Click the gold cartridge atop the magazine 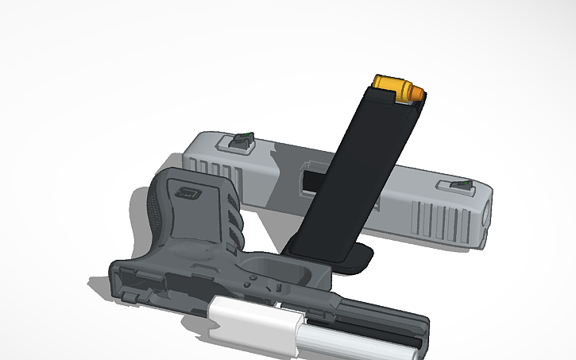pos(396,87)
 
